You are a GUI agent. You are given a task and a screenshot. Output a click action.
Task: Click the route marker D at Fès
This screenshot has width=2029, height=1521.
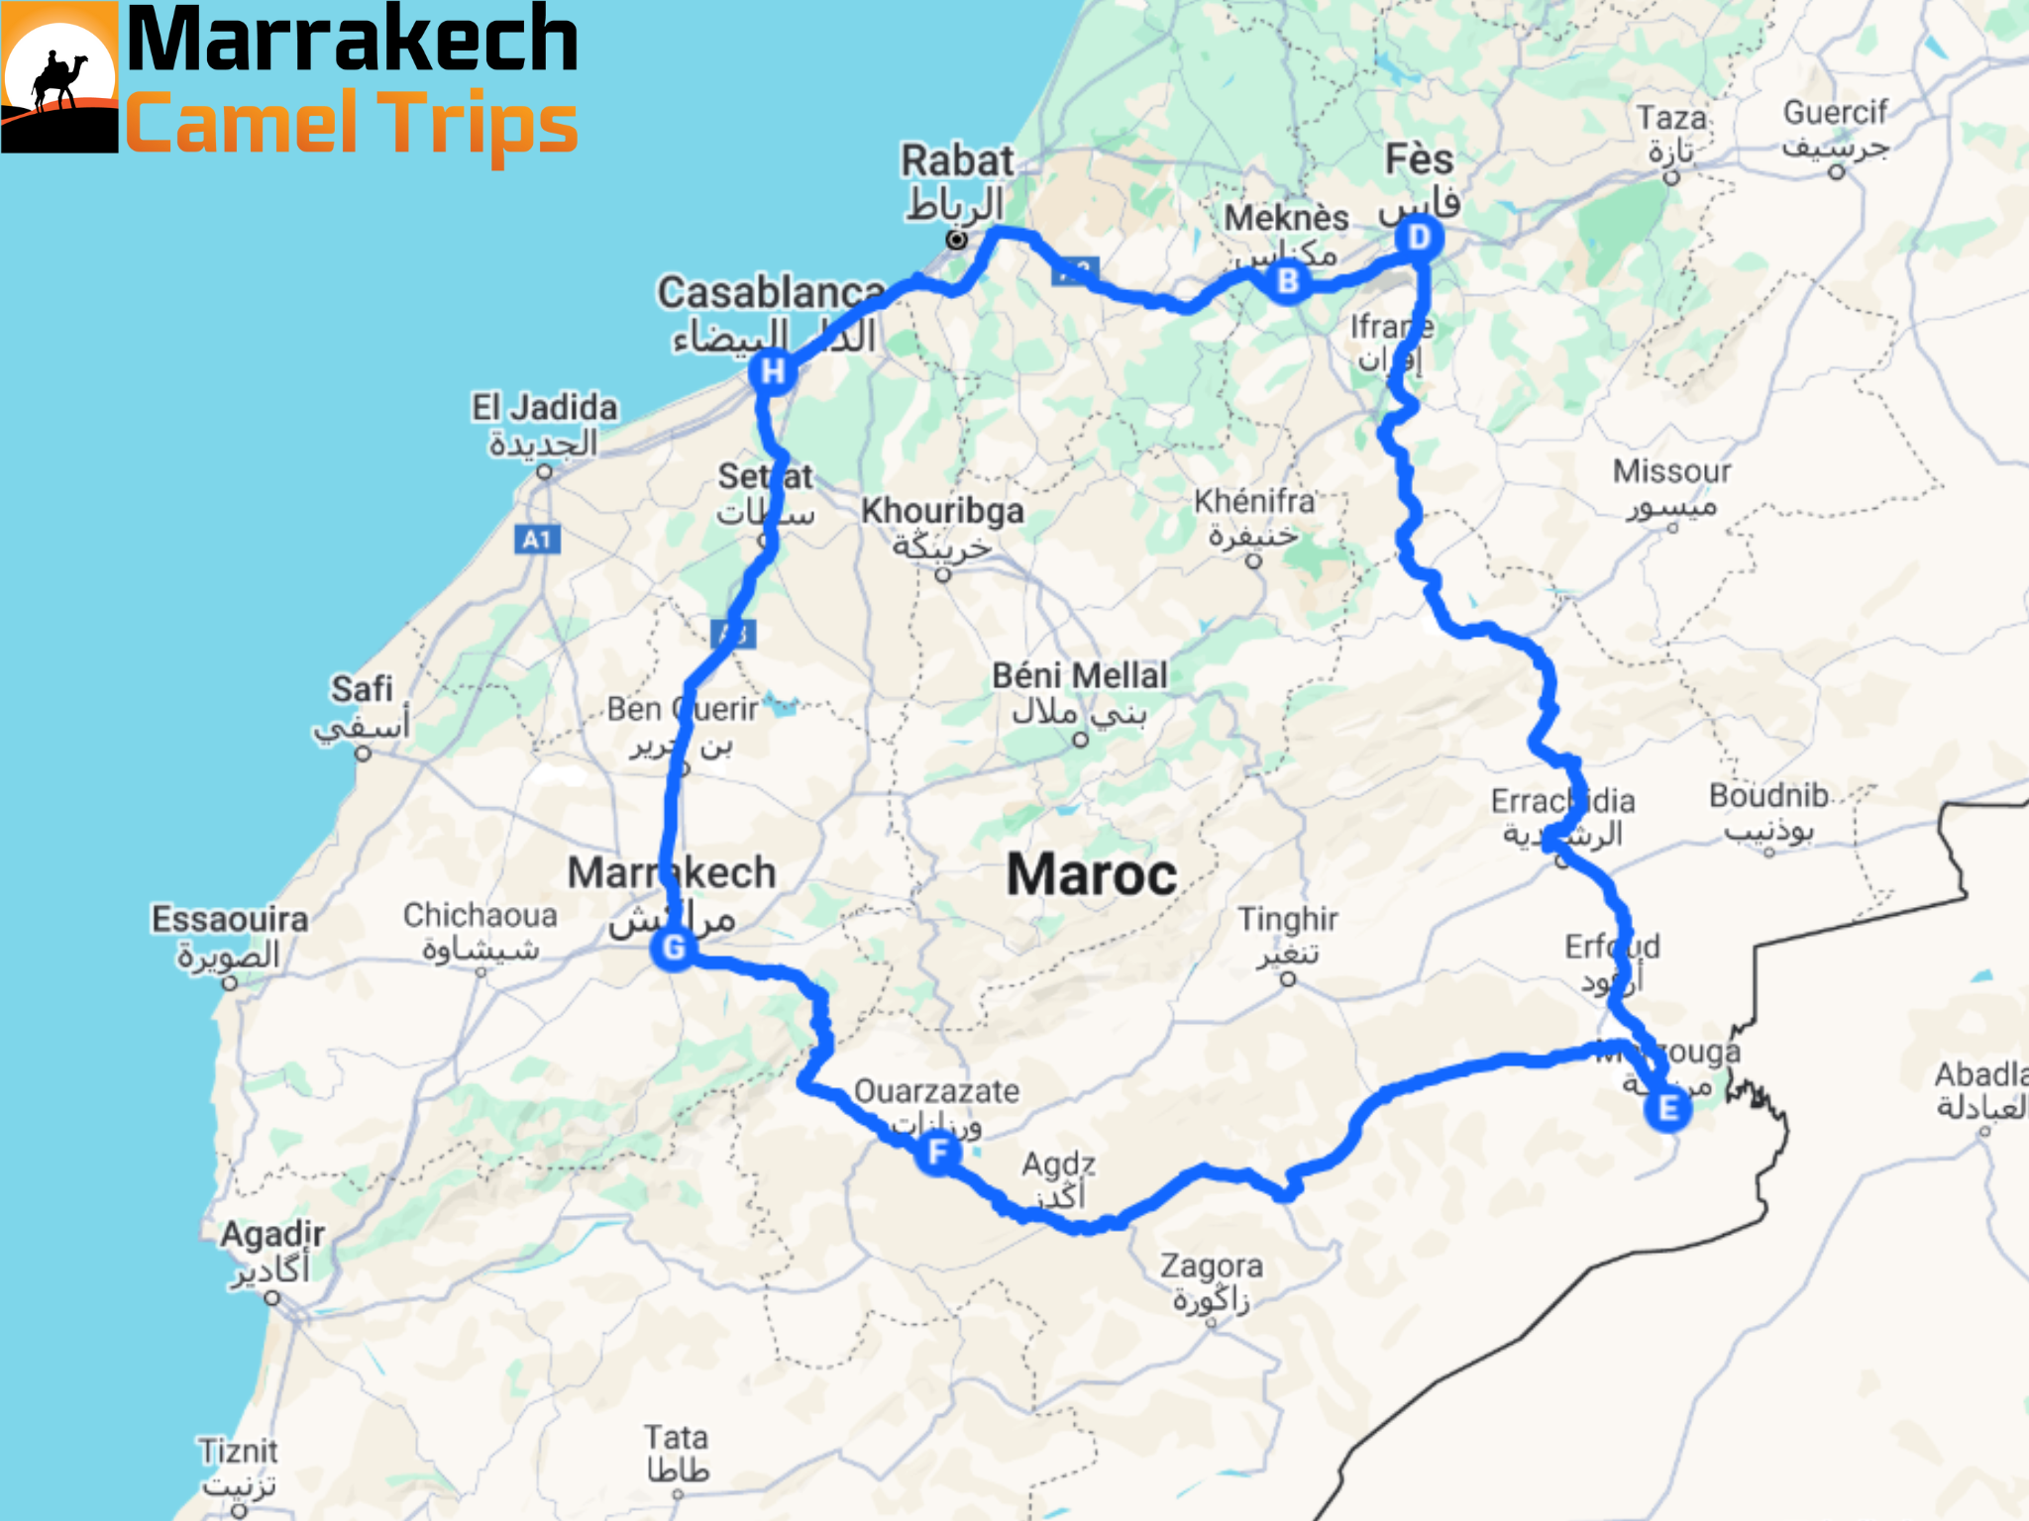tap(1419, 238)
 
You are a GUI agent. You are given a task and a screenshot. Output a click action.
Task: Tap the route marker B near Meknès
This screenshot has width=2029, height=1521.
tap(1287, 281)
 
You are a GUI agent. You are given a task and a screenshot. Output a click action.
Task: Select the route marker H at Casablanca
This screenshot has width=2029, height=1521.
tap(773, 371)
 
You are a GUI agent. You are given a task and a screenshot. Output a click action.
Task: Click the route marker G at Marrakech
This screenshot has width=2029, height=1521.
tap(674, 948)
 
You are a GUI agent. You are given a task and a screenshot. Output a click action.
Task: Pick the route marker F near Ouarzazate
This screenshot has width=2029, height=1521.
tap(937, 1152)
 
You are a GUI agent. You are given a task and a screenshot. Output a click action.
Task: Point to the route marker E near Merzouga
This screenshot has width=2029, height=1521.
tap(1667, 1108)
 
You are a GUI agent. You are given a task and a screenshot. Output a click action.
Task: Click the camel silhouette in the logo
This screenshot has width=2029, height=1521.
tap(59, 79)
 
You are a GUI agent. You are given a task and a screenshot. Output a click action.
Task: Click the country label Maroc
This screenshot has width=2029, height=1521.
tap(1092, 875)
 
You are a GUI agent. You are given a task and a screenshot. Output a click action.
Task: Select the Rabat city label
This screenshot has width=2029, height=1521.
tap(957, 161)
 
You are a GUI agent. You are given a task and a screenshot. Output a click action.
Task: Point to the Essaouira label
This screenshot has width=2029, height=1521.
tap(229, 920)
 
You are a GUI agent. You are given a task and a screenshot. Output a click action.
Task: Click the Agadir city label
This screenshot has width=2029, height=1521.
tap(272, 1235)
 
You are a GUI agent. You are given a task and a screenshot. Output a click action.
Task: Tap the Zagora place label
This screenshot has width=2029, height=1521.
tap(1211, 1267)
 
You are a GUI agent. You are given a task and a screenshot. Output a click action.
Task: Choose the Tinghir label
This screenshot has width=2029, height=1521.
tap(1288, 921)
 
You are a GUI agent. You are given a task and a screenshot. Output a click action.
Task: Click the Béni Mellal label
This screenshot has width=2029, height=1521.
tap(1080, 676)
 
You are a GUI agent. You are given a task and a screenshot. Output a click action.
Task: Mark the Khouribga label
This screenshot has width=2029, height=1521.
tap(942, 511)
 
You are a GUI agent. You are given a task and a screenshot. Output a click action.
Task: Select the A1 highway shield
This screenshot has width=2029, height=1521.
tap(537, 540)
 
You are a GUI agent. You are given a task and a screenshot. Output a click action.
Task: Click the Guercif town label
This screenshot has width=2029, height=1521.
tap(1836, 113)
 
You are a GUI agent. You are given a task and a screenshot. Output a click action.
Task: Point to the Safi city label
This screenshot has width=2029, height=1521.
tap(362, 689)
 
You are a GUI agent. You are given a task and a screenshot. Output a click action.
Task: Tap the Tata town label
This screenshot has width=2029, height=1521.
tap(677, 1438)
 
